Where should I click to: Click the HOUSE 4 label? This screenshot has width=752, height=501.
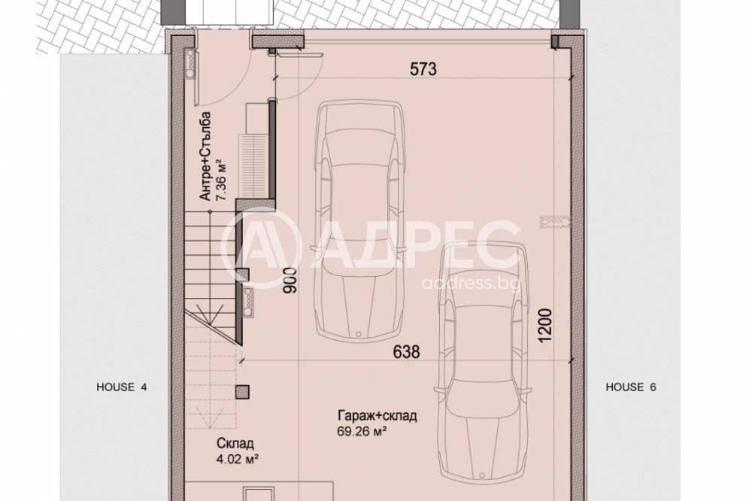click(122, 387)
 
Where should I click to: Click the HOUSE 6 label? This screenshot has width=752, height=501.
click(632, 387)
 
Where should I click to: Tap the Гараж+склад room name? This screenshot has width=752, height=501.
click(378, 416)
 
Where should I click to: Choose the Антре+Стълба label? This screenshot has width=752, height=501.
click(205, 156)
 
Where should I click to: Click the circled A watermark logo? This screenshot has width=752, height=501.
click(262, 250)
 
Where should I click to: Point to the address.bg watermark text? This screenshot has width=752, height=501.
click(471, 283)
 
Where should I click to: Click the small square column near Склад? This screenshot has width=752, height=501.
click(241, 390)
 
